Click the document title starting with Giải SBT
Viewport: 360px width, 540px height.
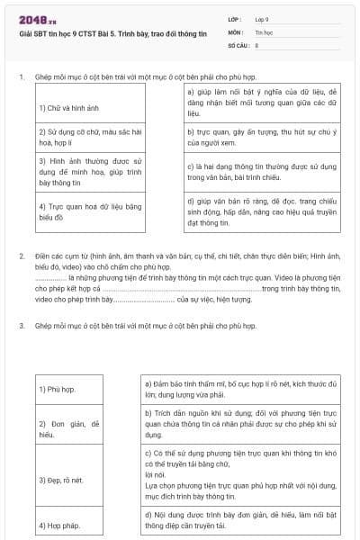point(112,33)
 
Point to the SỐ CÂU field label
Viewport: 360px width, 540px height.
point(238,43)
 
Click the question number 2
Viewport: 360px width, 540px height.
point(22,256)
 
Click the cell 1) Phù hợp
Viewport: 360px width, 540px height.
point(57,390)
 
